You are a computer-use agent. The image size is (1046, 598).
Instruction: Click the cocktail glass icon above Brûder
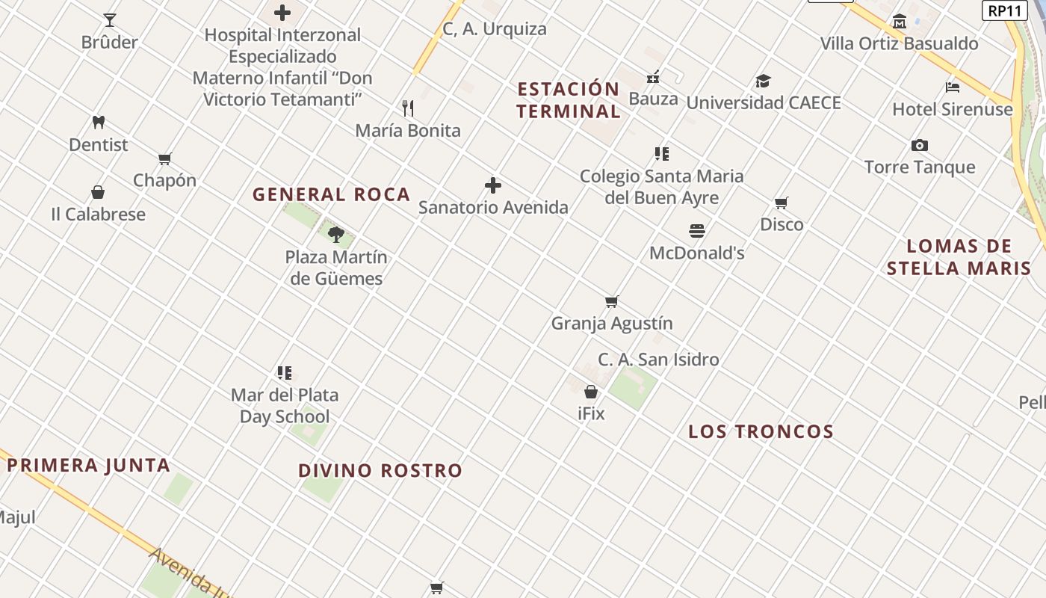[110, 20]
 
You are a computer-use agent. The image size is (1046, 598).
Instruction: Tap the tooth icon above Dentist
[98, 122]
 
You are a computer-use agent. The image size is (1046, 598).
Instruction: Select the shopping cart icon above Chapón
[165, 158]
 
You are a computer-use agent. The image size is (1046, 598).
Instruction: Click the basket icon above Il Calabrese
[98, 192]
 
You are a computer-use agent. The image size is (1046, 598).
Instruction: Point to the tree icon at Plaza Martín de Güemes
[336, 235]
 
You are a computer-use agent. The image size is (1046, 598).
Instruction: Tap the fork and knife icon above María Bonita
[408, 108]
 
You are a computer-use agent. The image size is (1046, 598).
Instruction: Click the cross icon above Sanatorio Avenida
[493, 185]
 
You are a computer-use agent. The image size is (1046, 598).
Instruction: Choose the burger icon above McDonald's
[697, 231]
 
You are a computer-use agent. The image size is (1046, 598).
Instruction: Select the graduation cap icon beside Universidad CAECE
[763, 81]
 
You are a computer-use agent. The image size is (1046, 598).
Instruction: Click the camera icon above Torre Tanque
[920, 145]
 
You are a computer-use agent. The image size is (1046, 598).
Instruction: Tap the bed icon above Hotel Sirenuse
[953, 87]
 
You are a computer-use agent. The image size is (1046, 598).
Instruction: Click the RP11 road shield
[1003, 10]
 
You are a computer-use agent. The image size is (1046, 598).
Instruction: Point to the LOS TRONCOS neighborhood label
[761, 431]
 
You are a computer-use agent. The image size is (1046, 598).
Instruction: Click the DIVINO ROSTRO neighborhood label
[380, 470]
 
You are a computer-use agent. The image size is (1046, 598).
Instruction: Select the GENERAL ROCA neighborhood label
[331, 194]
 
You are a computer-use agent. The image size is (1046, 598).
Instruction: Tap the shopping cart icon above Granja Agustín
[612, 302]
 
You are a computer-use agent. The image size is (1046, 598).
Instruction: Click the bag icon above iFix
[591, 392]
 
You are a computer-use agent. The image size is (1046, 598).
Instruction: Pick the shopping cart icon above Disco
[782, 203]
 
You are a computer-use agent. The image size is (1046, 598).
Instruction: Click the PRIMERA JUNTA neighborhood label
[88, 465]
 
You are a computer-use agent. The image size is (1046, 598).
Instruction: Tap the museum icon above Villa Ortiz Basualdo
[900, 21]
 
